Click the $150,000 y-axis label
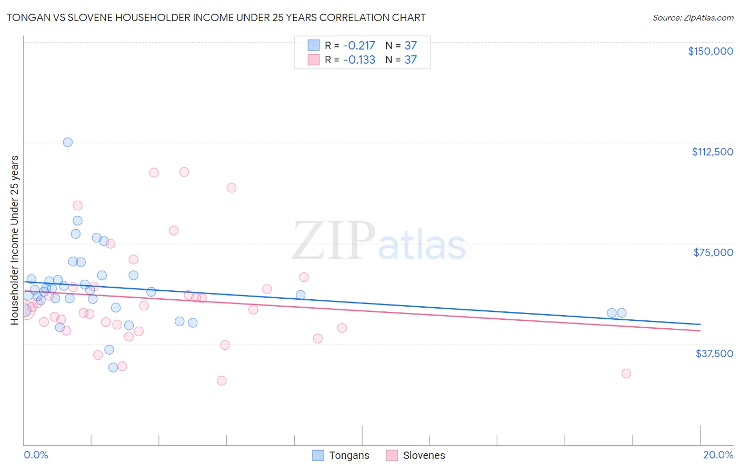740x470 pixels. pos(710,51)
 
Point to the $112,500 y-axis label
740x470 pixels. pos(712,152)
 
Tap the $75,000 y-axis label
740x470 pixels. pos(713,252)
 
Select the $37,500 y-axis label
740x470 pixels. pos(714,354)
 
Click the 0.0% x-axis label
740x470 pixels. pos(36,455)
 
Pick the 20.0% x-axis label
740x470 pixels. pos(718,455)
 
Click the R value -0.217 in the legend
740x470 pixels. pos(359,45)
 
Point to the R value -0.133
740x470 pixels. pos(359,60)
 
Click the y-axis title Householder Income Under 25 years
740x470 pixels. pos(15,240)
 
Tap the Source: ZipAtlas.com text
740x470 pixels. pos(693,17)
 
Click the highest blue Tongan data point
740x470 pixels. pos(68,142)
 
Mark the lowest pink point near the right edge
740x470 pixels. pos(626,373)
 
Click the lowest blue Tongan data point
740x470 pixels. pos(113,367)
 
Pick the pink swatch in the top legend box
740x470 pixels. pos(314,60)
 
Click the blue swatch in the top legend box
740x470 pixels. pos(314,45)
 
